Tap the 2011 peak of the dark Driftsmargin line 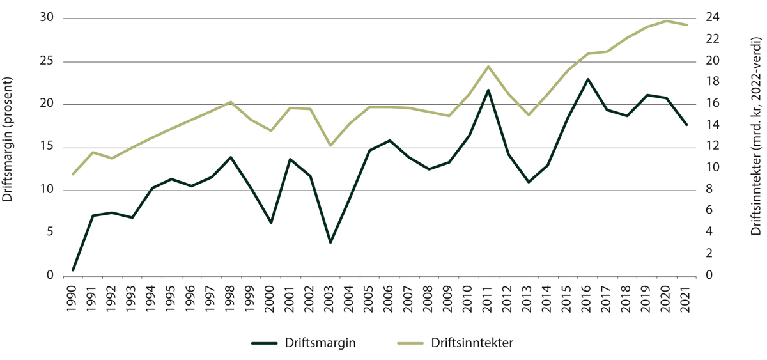[x=489, y=90]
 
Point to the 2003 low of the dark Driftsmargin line [x=330, y=242]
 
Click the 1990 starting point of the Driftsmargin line [x=73, y=270]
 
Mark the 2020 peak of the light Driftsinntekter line [x=667, y=21]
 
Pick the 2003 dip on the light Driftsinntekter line [x=330, y=146]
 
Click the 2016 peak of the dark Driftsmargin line [x=588, y=79]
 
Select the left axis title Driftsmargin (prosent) [x=9, y=139]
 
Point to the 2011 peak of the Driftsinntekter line [x=489, y=67]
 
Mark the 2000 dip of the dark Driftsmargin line [x=271, y=223]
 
